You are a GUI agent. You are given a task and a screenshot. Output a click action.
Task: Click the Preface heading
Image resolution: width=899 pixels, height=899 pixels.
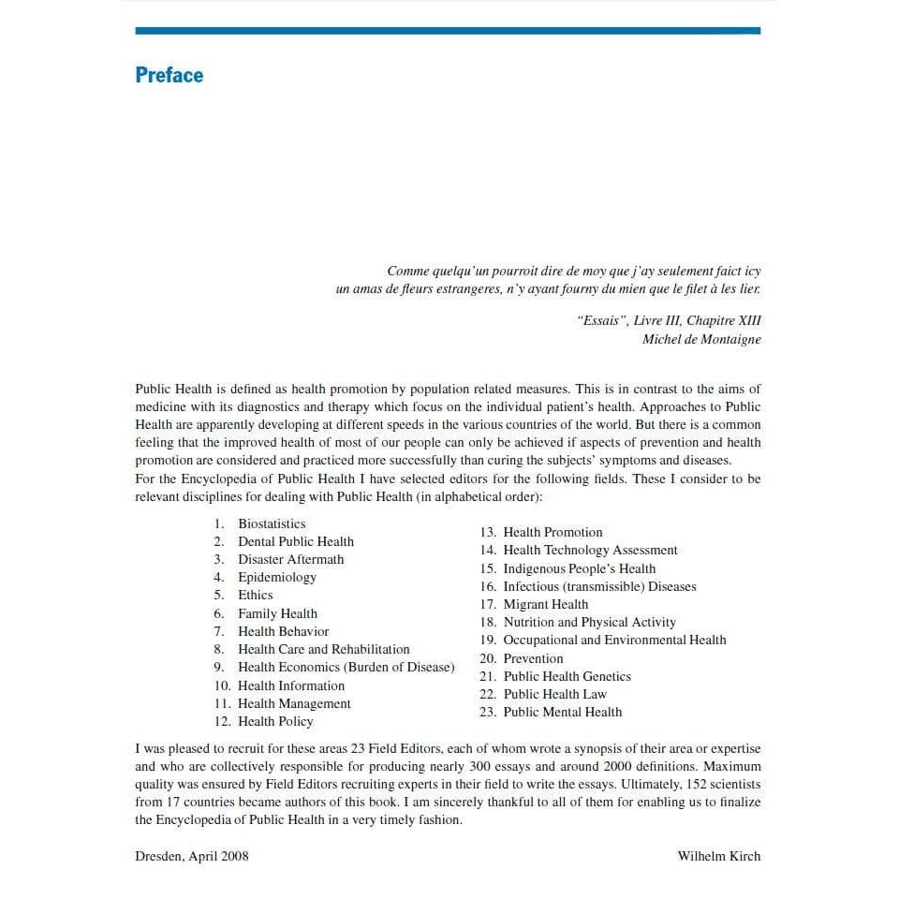pos(169,75)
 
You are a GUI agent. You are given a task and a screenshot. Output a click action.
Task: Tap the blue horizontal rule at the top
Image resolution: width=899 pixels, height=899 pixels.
pos(448,31)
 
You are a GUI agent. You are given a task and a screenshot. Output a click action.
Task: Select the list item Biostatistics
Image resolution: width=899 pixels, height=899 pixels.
pos(272,523)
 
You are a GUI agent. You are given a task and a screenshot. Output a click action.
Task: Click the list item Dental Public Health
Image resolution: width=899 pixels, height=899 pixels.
pos(296,541)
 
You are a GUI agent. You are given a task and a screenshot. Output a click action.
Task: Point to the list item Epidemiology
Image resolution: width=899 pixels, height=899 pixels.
pos(277,577)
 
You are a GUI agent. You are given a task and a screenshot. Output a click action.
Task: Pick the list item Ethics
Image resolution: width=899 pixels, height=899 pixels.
pos(256,595)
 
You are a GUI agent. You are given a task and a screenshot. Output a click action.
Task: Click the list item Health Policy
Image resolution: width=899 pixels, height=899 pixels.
pos(275,721)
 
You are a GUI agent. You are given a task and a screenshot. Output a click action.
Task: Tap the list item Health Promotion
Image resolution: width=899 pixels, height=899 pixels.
pos(553,532)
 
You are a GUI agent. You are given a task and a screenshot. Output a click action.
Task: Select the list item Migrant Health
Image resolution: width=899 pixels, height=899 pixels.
pos(546,604)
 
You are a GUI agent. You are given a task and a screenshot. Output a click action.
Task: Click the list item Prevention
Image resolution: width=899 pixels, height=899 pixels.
pos(533,658)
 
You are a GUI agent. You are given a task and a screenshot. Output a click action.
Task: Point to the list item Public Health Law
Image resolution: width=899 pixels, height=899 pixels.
pos(554,694)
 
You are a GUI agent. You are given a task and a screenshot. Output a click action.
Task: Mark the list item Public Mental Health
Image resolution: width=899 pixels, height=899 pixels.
pos(562,712)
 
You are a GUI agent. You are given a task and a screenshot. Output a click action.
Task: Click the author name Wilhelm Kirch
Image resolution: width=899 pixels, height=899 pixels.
pos(719,856)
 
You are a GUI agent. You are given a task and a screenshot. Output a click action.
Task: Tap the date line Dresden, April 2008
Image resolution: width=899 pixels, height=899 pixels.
pos(192,856)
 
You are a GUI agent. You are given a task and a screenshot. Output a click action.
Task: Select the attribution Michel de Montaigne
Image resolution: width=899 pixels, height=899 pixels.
pos(701,339)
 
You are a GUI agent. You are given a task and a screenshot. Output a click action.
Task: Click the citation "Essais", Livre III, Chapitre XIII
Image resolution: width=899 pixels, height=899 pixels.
pos(670,320)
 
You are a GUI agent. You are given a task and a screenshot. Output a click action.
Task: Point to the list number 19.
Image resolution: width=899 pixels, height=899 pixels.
pos(487,640)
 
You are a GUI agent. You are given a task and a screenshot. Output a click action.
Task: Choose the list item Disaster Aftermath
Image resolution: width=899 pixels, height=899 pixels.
pos(290,559)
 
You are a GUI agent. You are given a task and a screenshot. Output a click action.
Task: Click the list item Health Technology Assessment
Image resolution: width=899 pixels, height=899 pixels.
pos(590,550)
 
